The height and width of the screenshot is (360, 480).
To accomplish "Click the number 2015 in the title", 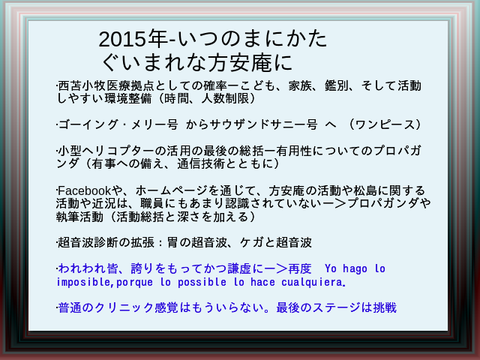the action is point(122,39).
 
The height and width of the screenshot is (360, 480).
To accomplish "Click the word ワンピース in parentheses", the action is point(385,124).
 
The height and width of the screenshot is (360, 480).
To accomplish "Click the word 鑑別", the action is point(337,85).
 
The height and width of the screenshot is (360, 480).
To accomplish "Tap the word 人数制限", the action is point(225,98).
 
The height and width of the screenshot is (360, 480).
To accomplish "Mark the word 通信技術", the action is point(201,163).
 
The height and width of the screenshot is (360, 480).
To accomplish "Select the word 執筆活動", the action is point(80,217).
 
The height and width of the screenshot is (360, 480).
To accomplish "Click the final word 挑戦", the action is point(385,307).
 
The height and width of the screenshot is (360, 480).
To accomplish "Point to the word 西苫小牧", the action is point(82,85).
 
